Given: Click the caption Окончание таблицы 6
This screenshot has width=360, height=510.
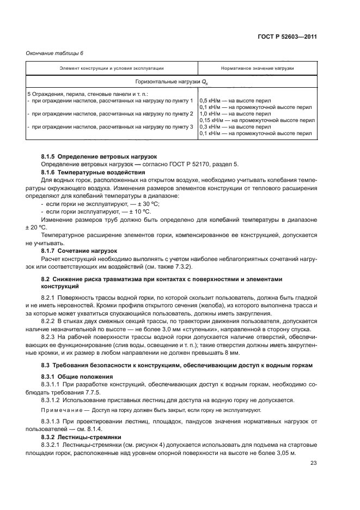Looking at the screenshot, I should point(54,53).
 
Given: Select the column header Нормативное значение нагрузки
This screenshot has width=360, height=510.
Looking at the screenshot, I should point(257,69).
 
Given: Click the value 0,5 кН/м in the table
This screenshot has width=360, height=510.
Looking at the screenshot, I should point(210,101).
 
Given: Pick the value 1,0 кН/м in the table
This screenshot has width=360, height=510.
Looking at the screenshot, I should point(210,113).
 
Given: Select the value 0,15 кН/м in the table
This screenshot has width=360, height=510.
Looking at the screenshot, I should point(212,120).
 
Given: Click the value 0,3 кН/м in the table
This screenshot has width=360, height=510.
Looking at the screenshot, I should point(210,126).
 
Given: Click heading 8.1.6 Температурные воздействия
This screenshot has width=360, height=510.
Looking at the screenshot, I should point(90,172).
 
